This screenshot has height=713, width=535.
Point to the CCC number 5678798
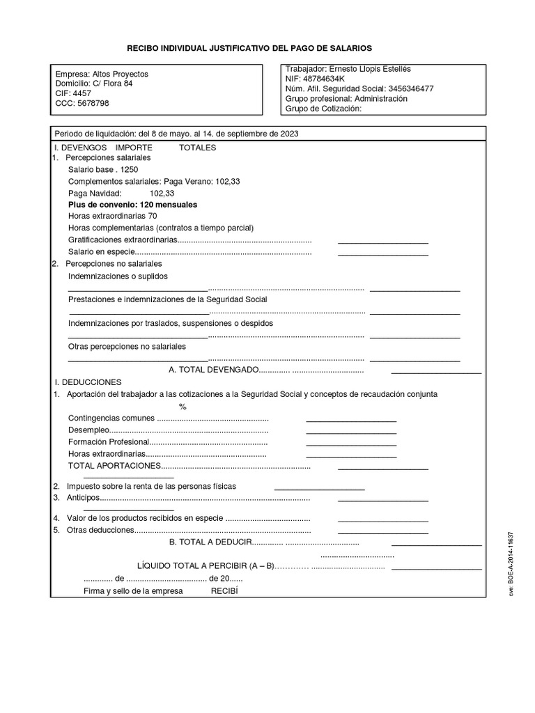93,103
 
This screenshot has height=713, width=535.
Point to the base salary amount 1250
130,169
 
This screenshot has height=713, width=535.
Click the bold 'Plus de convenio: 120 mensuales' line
132,205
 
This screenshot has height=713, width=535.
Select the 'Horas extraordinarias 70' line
112,217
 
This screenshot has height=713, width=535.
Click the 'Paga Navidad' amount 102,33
162,193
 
